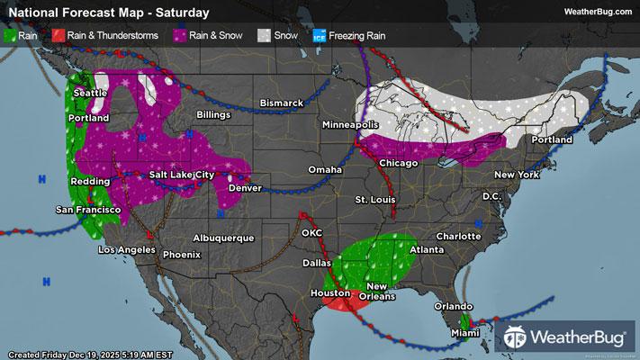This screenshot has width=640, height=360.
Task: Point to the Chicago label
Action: [x=398, y=163]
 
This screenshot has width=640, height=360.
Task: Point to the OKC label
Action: [x=312, y=232]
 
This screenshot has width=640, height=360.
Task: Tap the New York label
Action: [x=516, y=175]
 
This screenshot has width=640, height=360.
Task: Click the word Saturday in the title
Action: [x=182, y=13]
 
